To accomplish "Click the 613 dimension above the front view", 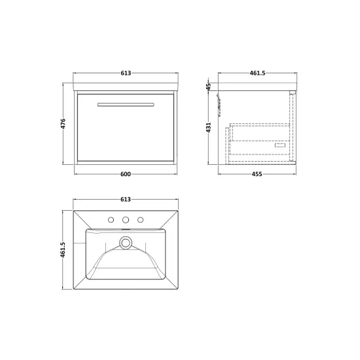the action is pos(126,73).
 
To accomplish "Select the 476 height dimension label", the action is pos(63,124).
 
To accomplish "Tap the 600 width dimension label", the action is pos(126,174).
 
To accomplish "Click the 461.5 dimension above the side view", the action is pos(257,73).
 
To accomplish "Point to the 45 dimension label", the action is pos(208,87).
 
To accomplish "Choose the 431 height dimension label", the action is pos(208,128).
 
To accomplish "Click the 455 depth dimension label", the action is pos(257,174).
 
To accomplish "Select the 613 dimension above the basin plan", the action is pos(126,199).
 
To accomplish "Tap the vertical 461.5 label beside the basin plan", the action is pos(63,249).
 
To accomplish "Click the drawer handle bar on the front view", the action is pos(126,105).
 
